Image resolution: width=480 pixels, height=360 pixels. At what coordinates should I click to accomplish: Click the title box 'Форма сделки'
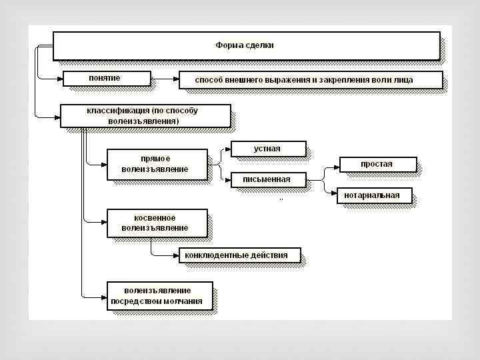point(245,45)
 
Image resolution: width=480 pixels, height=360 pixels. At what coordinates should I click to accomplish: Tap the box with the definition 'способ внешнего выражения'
point(311,80)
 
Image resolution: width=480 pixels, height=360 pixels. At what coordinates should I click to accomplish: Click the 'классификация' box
point(145,115)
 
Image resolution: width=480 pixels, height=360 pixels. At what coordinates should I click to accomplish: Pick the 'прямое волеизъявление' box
point(156,164)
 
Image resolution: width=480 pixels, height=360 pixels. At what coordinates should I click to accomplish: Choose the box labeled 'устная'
point(267,149)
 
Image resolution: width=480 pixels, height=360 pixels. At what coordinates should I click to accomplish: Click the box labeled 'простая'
point(377,164)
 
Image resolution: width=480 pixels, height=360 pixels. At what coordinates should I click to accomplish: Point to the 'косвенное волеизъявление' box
point(156,223)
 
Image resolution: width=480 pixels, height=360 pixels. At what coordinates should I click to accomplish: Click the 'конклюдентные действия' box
point(238,255)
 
